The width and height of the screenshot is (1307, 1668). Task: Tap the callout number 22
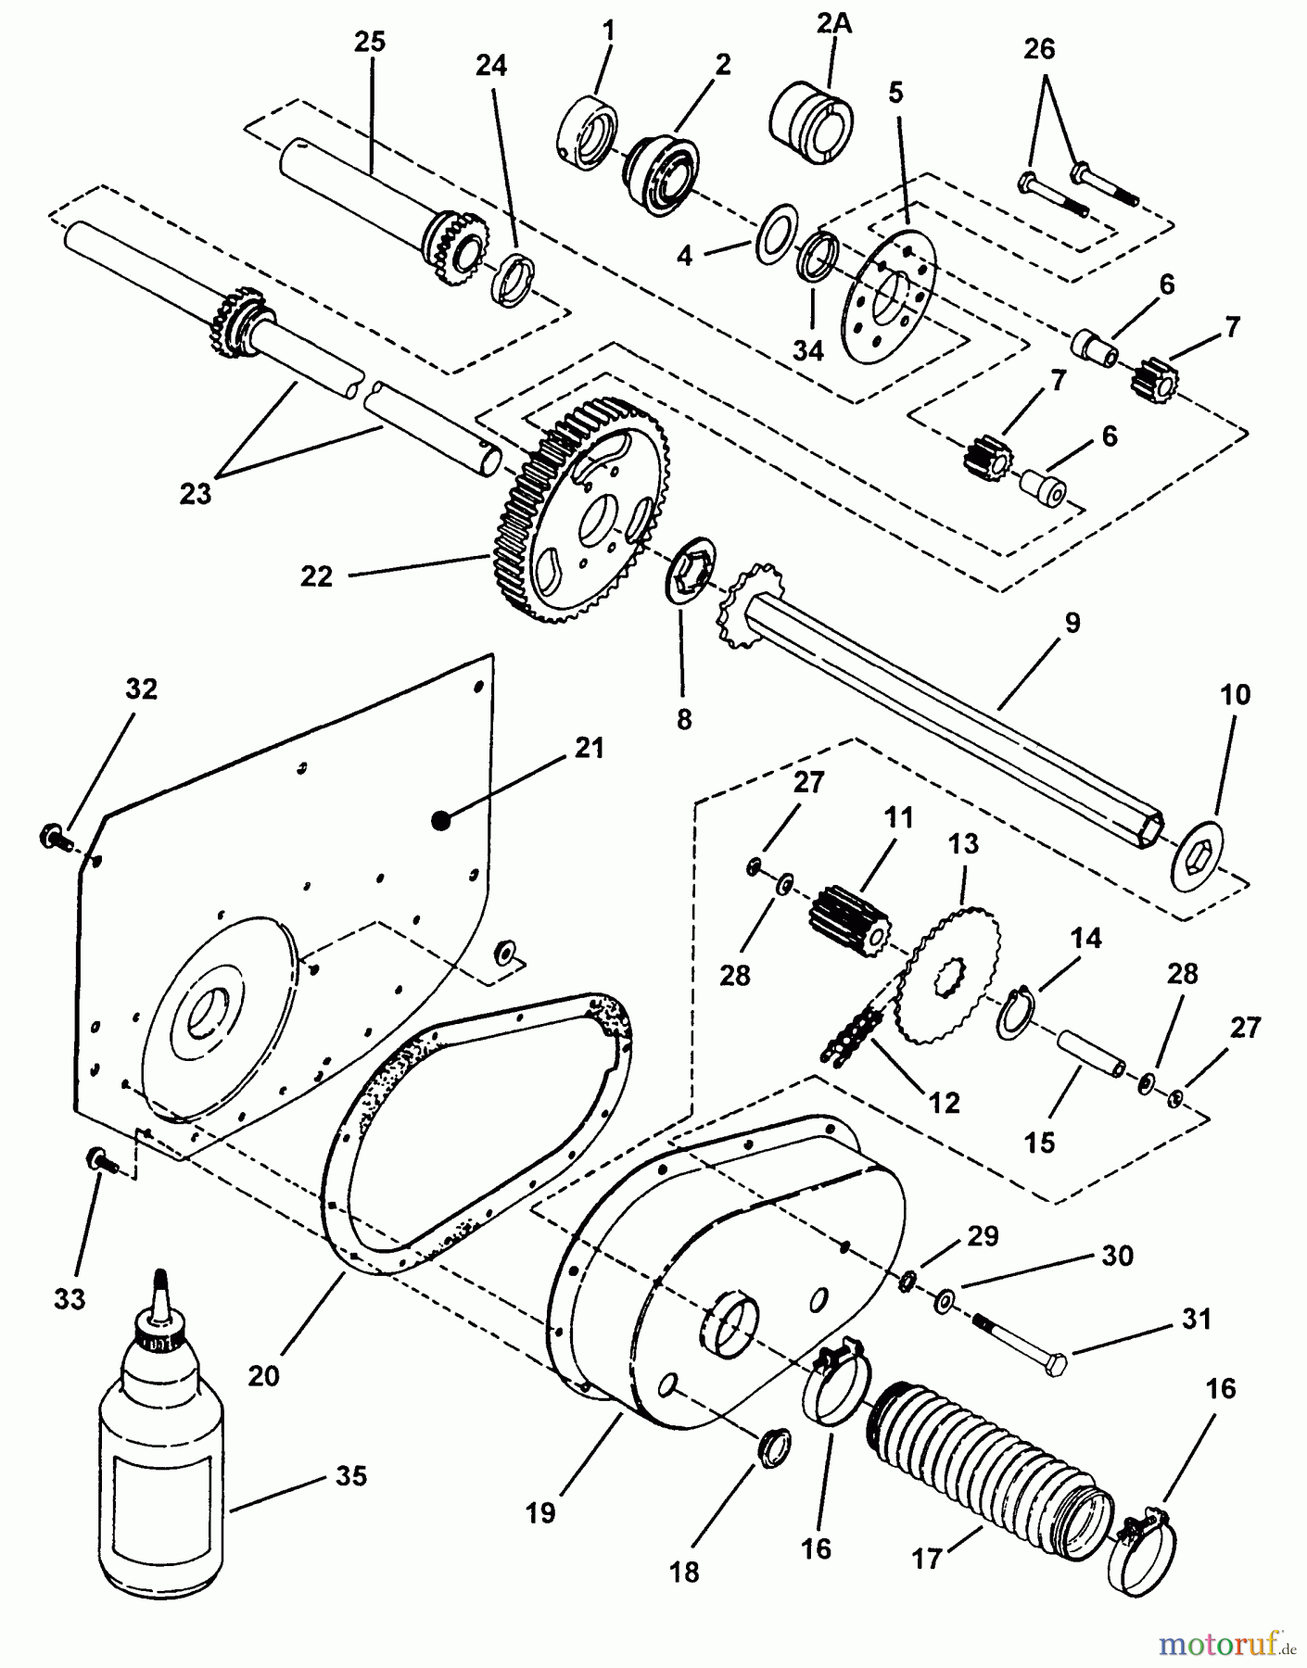(x=316, y=575)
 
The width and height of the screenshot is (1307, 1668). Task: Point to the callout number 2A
(x=832, y=25)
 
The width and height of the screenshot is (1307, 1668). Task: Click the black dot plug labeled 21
(x=441, y=817)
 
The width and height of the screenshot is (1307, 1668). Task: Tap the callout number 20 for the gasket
(x=263, y=1375)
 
